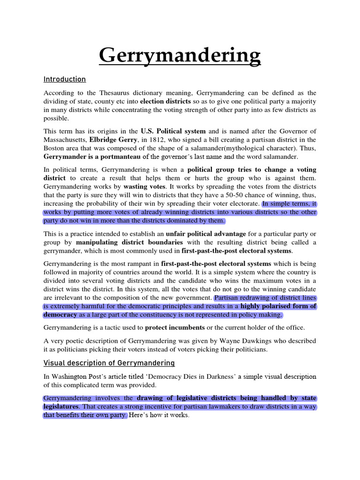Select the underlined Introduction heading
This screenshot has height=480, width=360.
point(65,79)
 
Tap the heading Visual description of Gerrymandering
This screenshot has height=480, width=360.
point(109,363)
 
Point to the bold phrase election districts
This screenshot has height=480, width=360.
point(165,102)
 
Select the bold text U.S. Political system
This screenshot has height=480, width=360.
point(173,131)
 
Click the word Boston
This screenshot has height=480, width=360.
point(54,148)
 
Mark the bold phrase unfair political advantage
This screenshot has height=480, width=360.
point(206,233)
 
